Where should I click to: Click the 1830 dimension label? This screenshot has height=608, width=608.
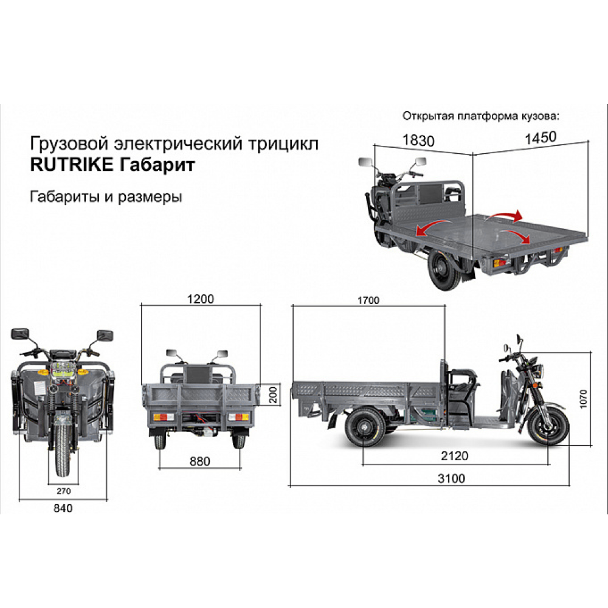[x=418, y=140]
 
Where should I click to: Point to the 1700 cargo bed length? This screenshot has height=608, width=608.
[x=368, y=300]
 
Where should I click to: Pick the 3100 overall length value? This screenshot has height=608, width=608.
[x=451, y=478]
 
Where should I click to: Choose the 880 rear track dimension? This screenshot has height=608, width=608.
[x=199, y=461]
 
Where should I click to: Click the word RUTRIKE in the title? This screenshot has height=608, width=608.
[x=69, y=165]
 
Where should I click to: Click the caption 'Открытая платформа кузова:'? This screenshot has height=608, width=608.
[x=479, y=116]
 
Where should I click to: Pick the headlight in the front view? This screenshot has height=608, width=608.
[x=63, y=368]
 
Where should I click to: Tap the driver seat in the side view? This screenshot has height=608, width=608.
[x=460, y=380]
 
